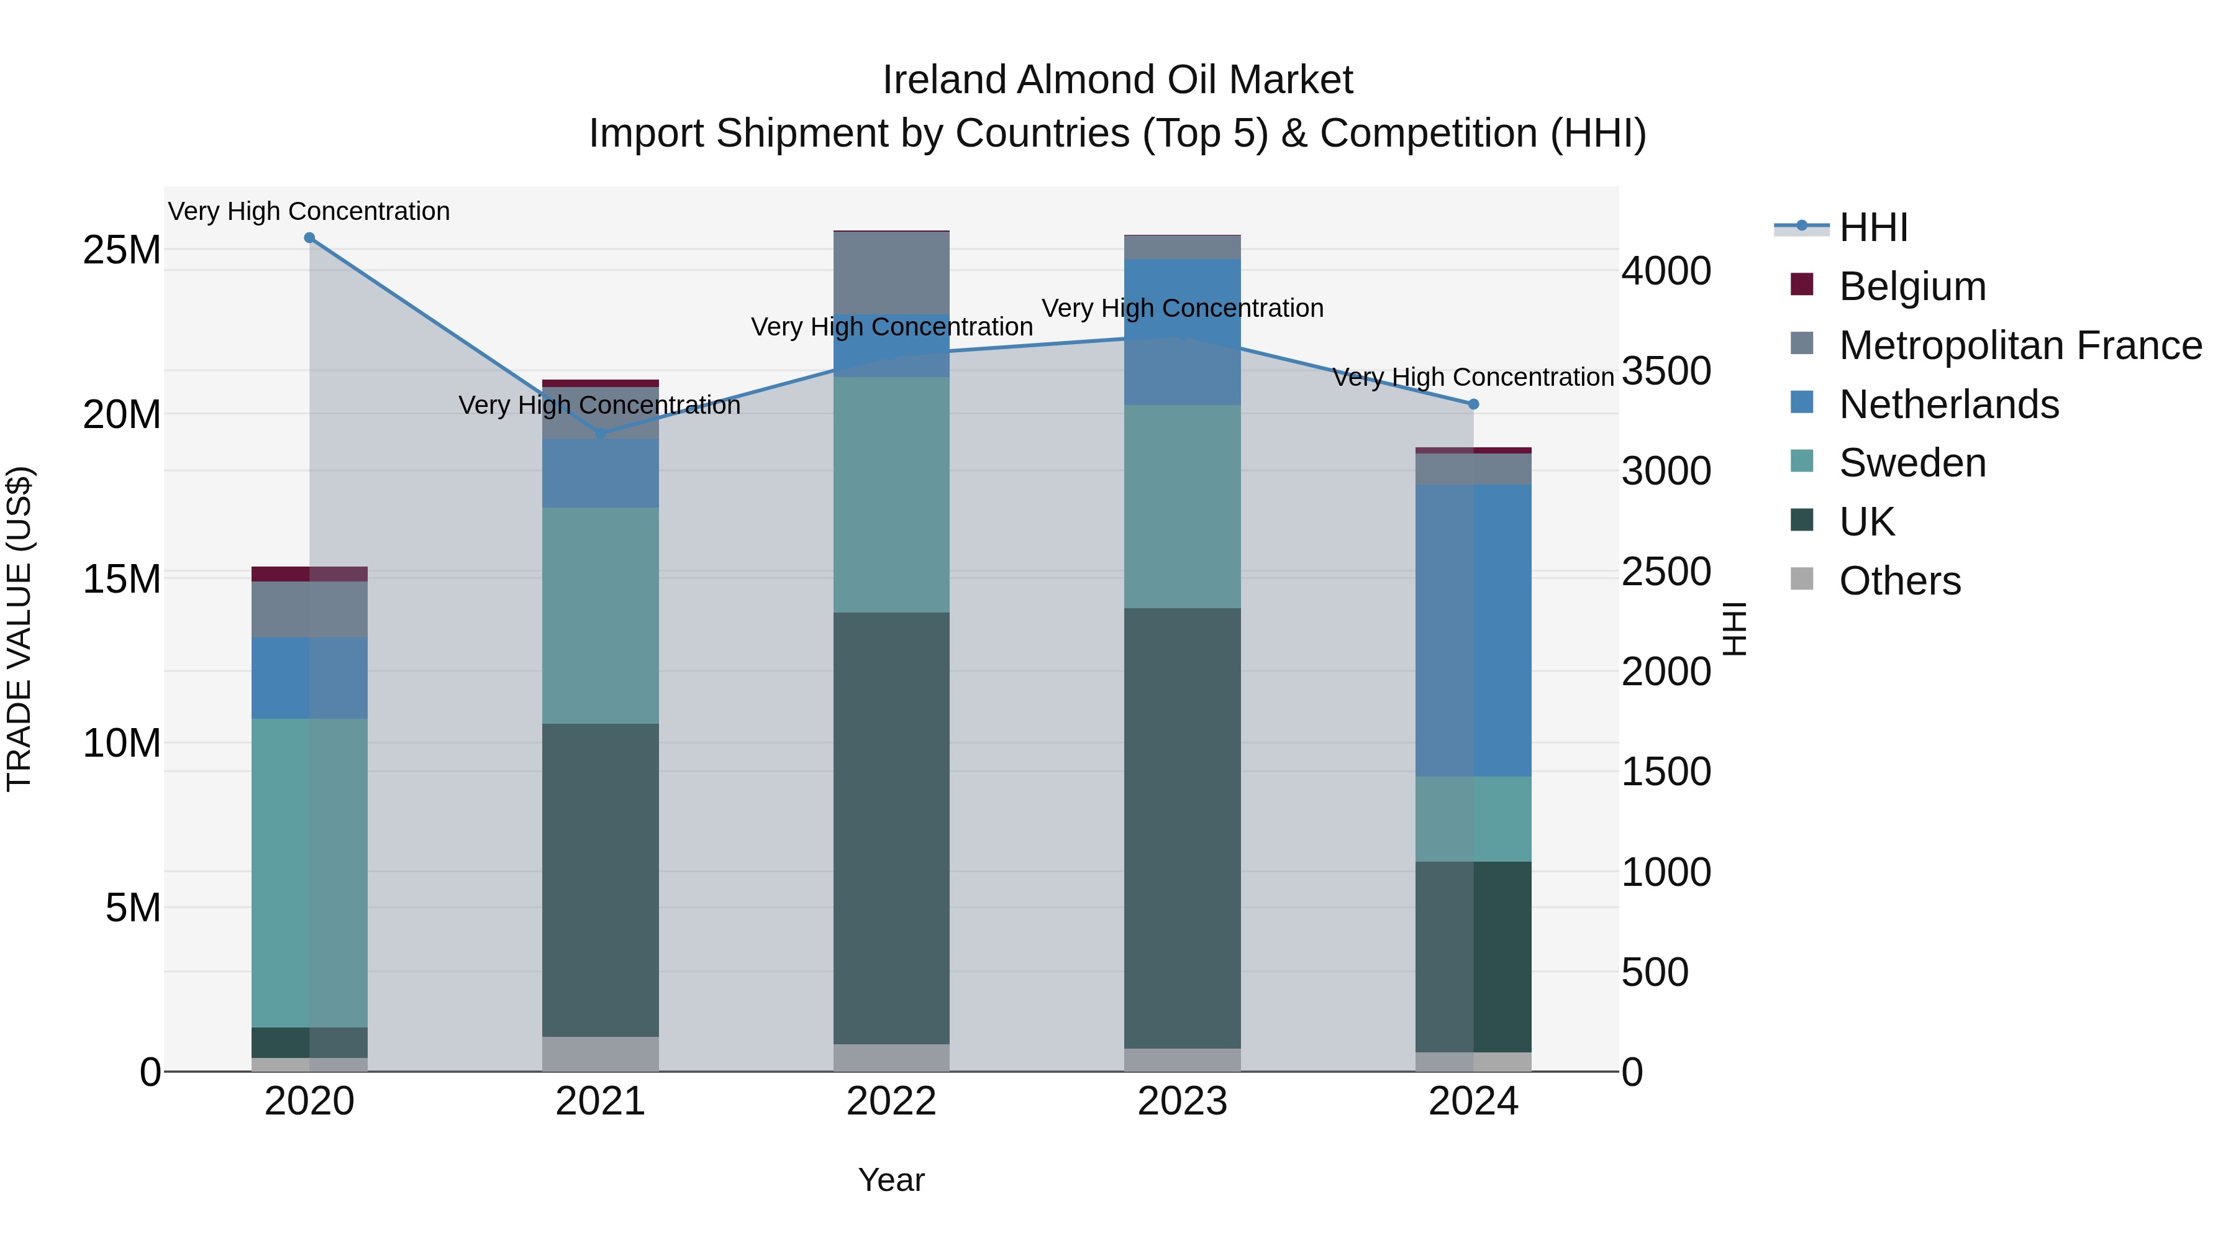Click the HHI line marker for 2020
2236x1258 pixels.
[x=309, y=238]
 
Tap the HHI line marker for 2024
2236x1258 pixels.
[x=1473, y=404]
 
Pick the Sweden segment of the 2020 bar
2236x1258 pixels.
[x=309, y=873]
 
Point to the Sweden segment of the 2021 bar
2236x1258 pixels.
[x=600, y=616]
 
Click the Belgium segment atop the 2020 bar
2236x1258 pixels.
[x=309, y=574]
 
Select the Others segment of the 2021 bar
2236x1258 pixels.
[x=600, y=1054]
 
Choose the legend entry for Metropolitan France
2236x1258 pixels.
[x=2019, y=345]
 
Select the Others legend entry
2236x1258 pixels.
[x=1899, y=581]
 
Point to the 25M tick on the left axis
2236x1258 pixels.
[x=122, y=250]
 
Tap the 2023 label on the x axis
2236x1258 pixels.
[x=1182, y=1101]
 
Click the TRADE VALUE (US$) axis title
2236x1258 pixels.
[x=19, y=629]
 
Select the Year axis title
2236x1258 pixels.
[x=891, y=1180]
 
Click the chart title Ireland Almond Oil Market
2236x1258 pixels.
[x=1117, y=80]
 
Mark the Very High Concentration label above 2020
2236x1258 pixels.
[x=309, y=211]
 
